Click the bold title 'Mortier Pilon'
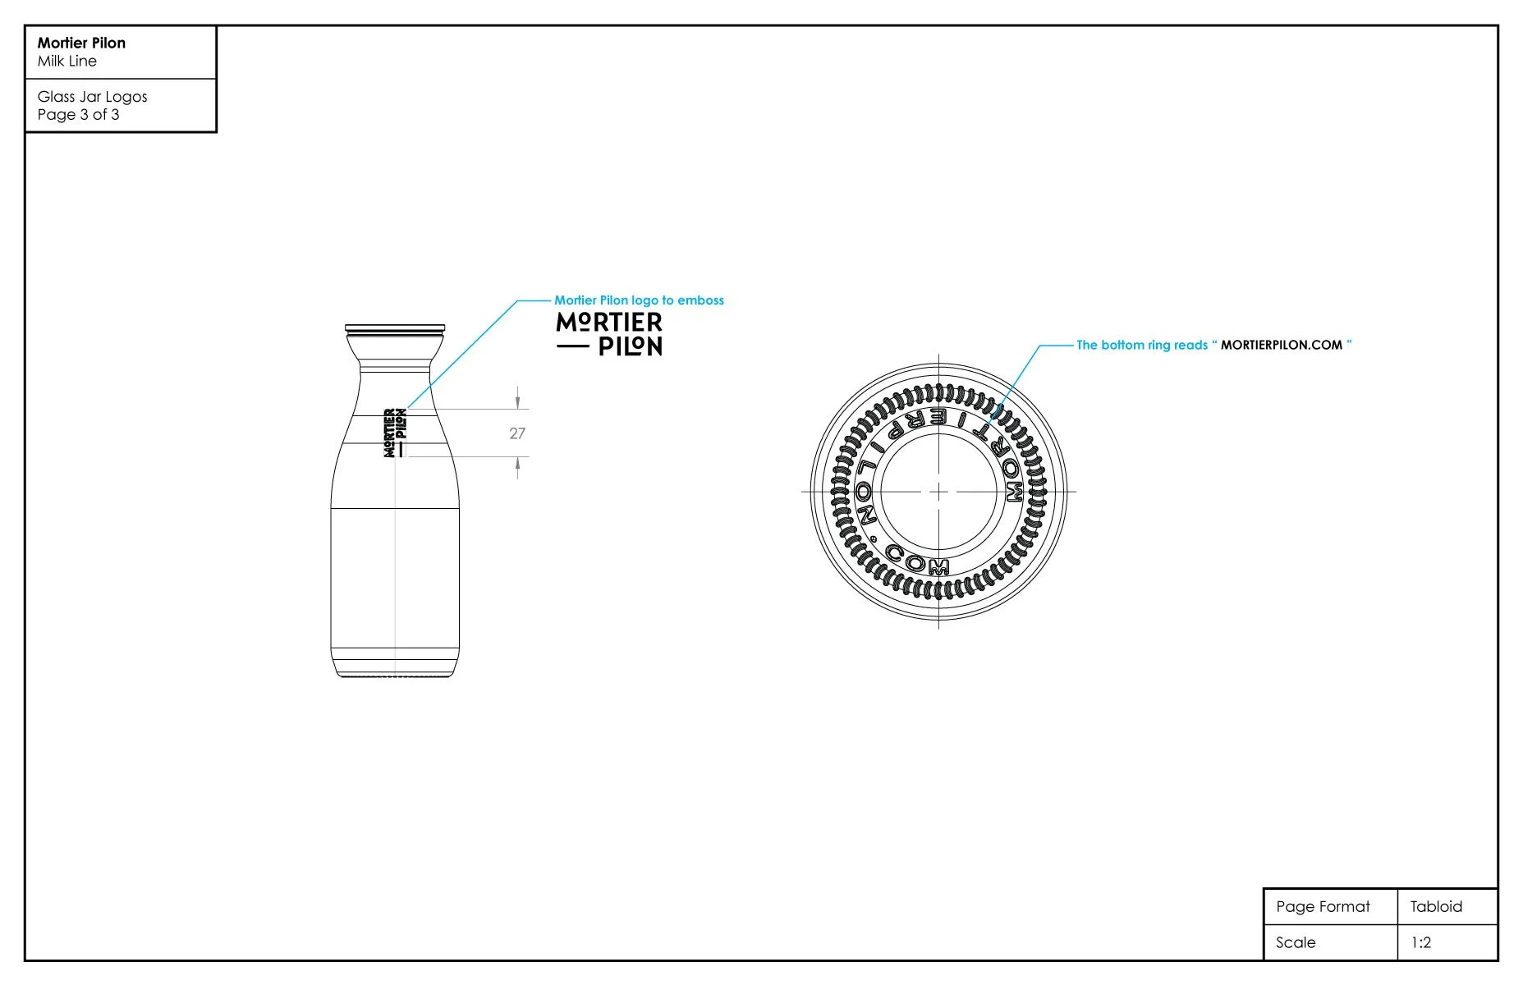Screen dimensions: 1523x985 point(81,43)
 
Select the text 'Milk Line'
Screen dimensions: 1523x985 point(67,62)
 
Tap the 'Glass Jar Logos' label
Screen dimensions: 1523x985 point(92,96)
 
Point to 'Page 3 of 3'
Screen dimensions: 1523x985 point(78,115)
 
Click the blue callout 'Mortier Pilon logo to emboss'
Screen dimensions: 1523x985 point(639,300)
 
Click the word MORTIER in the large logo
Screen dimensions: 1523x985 point(609,323)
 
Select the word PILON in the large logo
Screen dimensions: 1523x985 point(630,347)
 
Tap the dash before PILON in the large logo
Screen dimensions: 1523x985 point(572,347)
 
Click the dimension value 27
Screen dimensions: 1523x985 point(517,433)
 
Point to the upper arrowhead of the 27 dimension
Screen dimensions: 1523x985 point(517,402)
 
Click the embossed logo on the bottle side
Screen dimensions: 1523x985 point(395,433)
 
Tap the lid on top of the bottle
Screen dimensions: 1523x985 point(395,329)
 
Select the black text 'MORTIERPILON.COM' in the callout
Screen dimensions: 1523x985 point(1281,345)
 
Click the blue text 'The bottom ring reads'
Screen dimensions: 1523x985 point(1141,345)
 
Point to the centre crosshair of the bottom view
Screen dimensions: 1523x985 point(938,492)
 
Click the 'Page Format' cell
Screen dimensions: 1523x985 point(1323,907)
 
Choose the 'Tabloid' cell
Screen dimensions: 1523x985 point(1436,907)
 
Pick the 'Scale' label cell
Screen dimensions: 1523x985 point(1296,943)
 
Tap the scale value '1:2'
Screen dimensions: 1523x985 point(1420,943)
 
